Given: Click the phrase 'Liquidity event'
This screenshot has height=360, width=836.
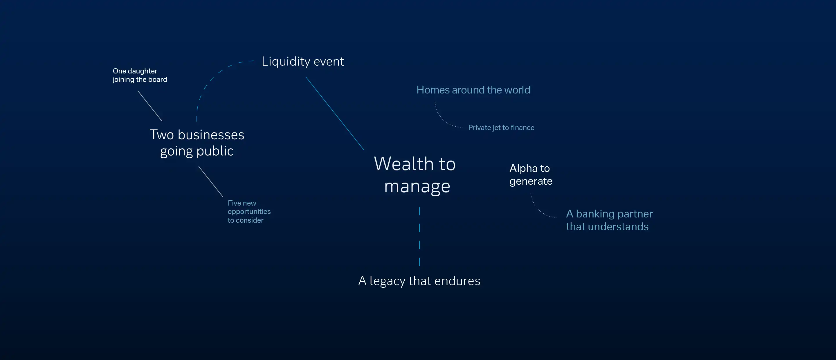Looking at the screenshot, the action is point(302,61).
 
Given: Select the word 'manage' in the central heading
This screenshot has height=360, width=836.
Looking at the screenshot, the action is point(417,187).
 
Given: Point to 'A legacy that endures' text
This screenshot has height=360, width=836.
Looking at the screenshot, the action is point(419,281).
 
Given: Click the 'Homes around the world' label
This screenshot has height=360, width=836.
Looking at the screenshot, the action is point(473,90).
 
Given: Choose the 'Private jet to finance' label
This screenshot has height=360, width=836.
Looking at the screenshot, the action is point(501,127).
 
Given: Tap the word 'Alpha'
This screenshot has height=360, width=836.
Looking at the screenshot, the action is point(523,168).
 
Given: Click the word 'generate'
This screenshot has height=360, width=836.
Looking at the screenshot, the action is point(531,181).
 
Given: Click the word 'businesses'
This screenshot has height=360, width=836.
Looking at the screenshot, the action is point(211,135).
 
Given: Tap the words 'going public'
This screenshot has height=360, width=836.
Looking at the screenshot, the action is point(197,151).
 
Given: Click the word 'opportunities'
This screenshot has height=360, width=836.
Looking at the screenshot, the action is point(249,212).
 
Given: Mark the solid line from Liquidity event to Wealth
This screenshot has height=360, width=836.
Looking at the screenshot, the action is point(335,113).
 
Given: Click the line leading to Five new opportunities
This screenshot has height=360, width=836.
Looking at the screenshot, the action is point(211,181).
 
